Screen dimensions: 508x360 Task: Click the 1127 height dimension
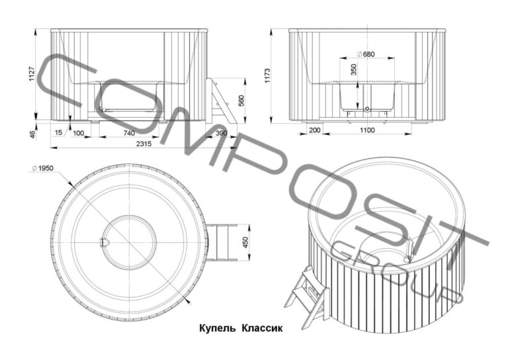click(x=32, y=74)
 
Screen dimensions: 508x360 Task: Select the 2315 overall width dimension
click(x=144, y=144)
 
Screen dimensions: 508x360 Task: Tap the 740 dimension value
click(x=129, y=133)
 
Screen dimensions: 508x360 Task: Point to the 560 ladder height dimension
click(x=241, y=101)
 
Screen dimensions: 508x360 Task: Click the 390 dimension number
click(x=222, y=133)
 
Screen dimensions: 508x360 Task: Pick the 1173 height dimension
click(x=267, y=75)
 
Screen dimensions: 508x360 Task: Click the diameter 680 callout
click(x=366, y=54)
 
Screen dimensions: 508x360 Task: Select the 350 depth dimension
click(x=354, y=70)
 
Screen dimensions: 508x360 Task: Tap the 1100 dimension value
click(x=367, y=130)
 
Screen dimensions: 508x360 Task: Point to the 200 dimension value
click(x=315, y=130)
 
